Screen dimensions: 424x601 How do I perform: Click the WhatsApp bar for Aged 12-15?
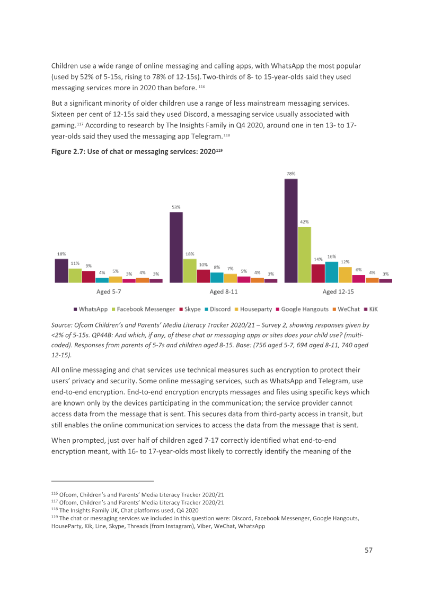point(291,231)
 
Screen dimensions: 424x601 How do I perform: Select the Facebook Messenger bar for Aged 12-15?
point(305,255)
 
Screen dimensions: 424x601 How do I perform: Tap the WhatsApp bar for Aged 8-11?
point(176,247)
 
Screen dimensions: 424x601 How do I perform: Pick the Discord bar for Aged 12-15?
point(332,272)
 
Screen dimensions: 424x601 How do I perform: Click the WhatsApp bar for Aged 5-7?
point(61,271)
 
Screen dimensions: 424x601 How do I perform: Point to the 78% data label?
point(291,174)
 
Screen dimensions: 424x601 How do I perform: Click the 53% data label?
point(176,208)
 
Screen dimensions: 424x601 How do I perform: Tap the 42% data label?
point(304,222)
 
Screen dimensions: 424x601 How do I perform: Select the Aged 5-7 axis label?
point(109,291)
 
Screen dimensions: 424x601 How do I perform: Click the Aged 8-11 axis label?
point(224,291)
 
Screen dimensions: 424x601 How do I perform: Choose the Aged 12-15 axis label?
point(338,291)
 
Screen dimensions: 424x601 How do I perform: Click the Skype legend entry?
point(190,310)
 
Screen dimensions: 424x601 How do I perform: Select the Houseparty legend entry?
point(253,310)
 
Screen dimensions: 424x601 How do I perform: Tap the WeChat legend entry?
point(346,310)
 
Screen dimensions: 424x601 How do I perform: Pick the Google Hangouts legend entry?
point(302,310)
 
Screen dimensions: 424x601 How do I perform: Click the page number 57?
point(368,550)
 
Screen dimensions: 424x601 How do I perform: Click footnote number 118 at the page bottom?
point(55,509)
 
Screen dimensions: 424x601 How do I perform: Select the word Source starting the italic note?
point(61,325)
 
